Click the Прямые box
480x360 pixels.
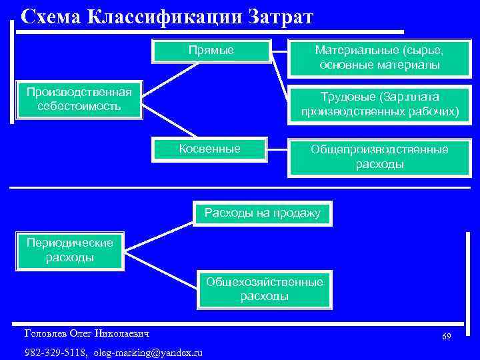[x=211, y=51]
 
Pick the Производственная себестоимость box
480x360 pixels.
[x=79, y=99]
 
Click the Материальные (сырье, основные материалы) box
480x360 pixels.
[x=379, y=58]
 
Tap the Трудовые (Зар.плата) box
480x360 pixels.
[x=379, y=105]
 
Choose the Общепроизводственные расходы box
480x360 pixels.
[x=379, y=157]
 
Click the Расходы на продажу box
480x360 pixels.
[x=262, y=214]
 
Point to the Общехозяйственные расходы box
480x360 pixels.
[x=265, y=289]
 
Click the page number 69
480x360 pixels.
[x=446, y=337]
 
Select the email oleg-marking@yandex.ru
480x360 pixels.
[x=148, y=352]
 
